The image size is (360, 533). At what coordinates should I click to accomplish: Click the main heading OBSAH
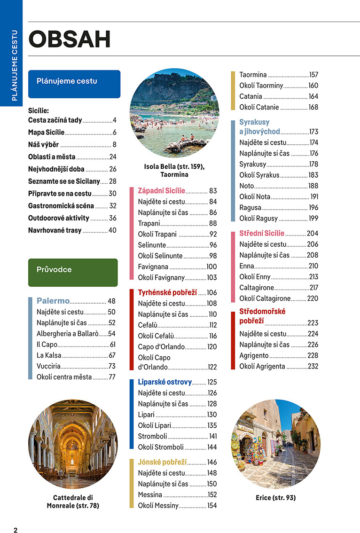(70, 39)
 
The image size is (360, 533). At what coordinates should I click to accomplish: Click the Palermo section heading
(53, 301)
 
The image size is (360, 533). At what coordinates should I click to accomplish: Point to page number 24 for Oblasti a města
(113, 157)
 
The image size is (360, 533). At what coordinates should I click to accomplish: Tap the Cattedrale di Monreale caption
(73, 502)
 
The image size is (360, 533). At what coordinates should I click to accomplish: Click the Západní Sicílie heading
(161, 191)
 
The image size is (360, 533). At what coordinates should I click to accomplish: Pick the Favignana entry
(153, 266)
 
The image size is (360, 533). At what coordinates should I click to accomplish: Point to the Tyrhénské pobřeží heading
(167, 292)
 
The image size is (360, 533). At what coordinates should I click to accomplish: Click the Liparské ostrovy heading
(165, 382)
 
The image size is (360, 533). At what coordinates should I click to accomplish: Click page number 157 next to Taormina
(313, 75)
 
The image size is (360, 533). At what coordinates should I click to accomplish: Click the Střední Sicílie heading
(262, 233)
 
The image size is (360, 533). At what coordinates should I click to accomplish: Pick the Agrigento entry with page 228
(254, 355)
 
